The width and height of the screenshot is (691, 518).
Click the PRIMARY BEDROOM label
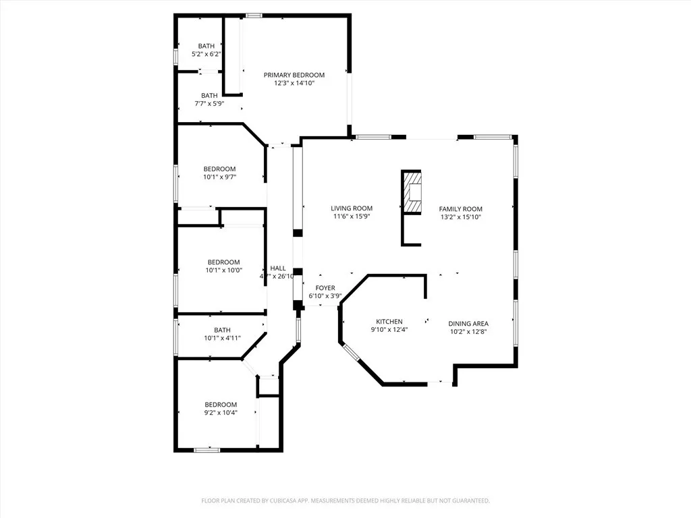[x=294, y=75]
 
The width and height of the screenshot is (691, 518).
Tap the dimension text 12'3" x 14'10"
[x=294, y=84]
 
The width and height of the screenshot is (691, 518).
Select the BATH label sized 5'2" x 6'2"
[x=206, y=46]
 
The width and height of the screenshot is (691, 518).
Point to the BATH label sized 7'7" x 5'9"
[x=209, y=95]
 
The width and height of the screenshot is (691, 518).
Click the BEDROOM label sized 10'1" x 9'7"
[x=220, y=169]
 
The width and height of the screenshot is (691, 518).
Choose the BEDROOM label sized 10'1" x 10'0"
[x=223, y=262]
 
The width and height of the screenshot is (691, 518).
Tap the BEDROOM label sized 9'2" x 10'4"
[x=221, y=405]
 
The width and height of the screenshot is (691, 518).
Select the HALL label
[x=278, y=268]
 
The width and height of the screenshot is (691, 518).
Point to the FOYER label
[x=325, y=288]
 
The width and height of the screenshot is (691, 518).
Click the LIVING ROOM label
[x=351, y=208]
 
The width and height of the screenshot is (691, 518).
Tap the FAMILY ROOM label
[x=460, y=209]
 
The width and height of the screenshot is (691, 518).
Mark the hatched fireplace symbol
[x=412, y=192]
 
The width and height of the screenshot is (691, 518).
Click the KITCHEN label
[x=389, y=322]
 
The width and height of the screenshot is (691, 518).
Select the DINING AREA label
[x=468, y=324]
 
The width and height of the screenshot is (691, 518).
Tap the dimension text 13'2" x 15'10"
[x=460, y=218]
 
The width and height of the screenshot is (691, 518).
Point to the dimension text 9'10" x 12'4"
[x=389, y=330]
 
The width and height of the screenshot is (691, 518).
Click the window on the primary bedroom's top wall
[x=254, y=15]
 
